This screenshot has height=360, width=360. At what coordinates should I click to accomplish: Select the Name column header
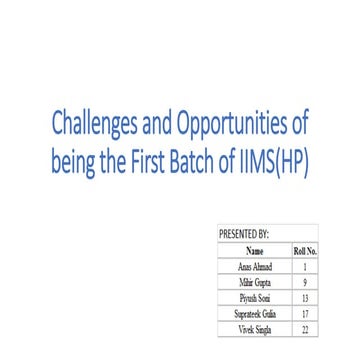(x=254, y=251)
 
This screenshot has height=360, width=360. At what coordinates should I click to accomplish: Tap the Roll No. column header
(x=303, y=251)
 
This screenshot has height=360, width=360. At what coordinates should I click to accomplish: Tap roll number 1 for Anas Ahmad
(x=303, y=268)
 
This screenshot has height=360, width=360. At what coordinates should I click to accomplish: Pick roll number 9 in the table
(x=303, y=283)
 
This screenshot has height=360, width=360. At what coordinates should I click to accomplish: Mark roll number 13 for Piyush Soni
(x=303, y=298)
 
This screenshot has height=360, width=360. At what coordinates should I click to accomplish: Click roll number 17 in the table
(x=303, y=313)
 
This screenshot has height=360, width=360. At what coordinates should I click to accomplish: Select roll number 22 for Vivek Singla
(x=303, y=328)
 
